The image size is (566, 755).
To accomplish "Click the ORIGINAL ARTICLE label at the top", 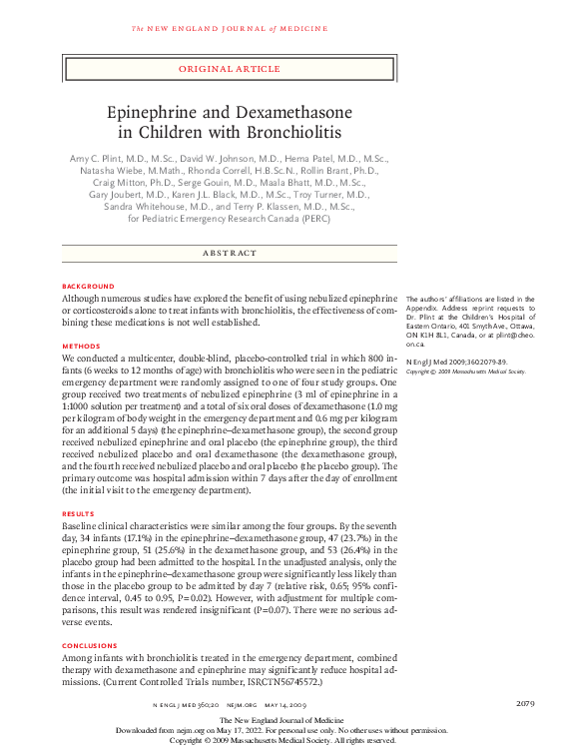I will [229, 69].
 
